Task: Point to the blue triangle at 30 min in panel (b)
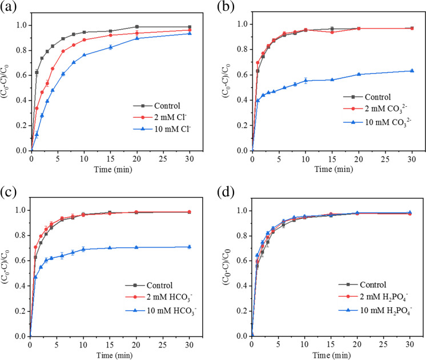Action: (x=412, y=71)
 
